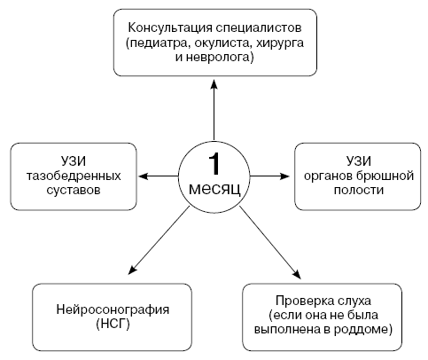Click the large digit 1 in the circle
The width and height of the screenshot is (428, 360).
214,164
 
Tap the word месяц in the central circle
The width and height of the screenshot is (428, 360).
214,188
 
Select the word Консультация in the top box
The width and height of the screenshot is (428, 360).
170,28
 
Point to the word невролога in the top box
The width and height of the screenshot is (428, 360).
218,57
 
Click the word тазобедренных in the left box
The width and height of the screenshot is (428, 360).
74,176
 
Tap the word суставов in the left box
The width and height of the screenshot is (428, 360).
74,190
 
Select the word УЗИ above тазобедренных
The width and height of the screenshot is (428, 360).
74,161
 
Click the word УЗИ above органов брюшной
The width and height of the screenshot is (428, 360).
358,161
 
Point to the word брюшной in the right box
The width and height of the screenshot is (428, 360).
385,176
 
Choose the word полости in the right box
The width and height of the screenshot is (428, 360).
359,190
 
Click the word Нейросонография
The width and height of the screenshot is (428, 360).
113,310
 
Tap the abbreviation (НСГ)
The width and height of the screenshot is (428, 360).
113,325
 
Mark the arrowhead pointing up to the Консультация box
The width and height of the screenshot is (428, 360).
214,83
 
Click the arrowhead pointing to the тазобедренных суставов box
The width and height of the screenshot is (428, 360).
143,176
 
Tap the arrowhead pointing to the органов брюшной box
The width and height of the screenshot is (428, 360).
284,176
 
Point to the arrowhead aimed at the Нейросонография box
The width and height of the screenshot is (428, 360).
133,270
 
